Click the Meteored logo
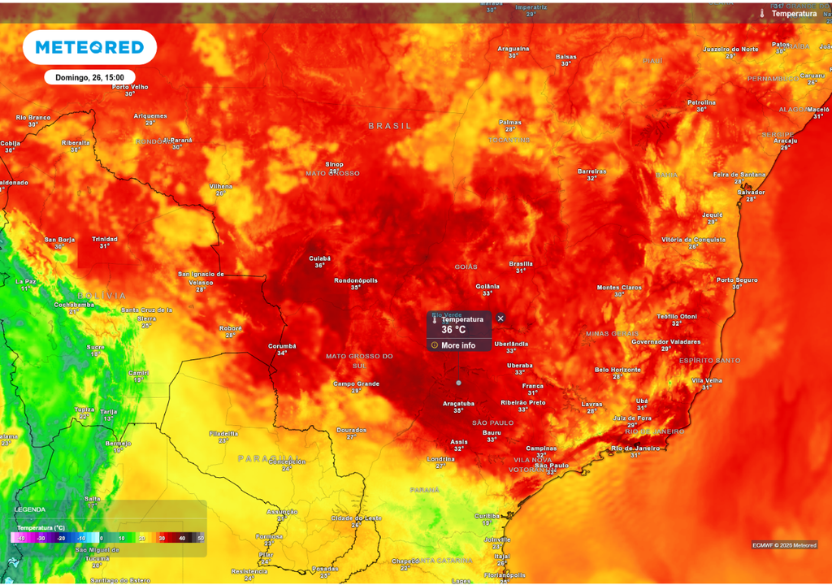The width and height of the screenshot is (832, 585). (89, 48)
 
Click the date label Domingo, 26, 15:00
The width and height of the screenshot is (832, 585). (89, 77)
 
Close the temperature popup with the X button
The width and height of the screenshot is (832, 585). (500, 318)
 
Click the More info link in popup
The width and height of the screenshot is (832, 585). (458, 345)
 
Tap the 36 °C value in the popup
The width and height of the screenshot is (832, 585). (453, 330)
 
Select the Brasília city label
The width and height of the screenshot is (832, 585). (521, 263)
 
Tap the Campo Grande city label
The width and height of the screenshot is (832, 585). (357, 383)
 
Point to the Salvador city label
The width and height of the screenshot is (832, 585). (751, 193)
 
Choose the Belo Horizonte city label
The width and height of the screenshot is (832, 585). (618, 370)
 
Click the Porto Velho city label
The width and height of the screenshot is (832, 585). (130, 87)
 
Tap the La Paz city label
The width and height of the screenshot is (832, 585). (25, 281)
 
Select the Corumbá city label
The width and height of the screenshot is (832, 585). (282, 346)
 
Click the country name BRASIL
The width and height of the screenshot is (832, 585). (390, 126)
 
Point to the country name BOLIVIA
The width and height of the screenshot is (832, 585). (102, 296)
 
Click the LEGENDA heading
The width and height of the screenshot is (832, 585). (30, 509)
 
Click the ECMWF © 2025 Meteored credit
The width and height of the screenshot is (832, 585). (784, 545)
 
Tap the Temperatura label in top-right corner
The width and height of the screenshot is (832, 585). (794, 14)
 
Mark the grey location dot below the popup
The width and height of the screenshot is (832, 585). (459, 382)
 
